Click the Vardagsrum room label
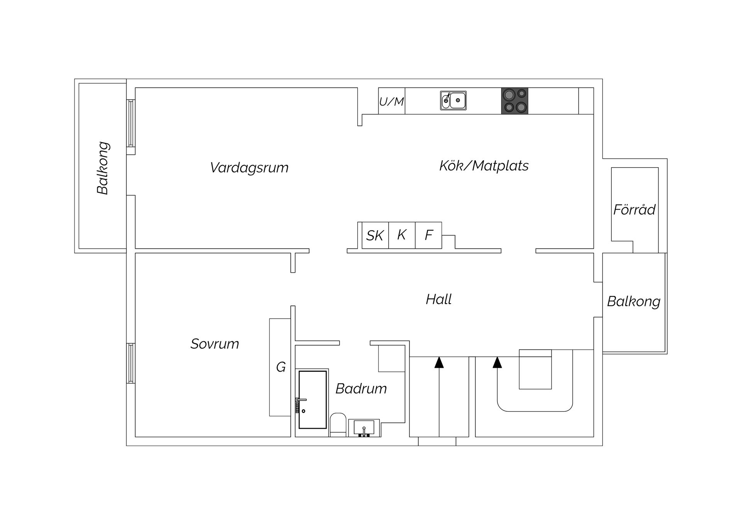249,168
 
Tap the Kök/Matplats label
484,166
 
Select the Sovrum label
215,344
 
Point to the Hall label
439,300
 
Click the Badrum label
361,389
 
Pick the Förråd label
634,210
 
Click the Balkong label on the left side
103,168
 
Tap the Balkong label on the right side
634,302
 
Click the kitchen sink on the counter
453,100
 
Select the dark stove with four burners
514,101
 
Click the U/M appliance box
391,102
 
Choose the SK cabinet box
375,236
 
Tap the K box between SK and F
402,235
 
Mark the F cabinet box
428,235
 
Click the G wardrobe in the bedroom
281,367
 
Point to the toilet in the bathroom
338,424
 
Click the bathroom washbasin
364,428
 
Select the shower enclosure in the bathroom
313,400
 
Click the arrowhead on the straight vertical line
439,362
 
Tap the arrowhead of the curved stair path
497,362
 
